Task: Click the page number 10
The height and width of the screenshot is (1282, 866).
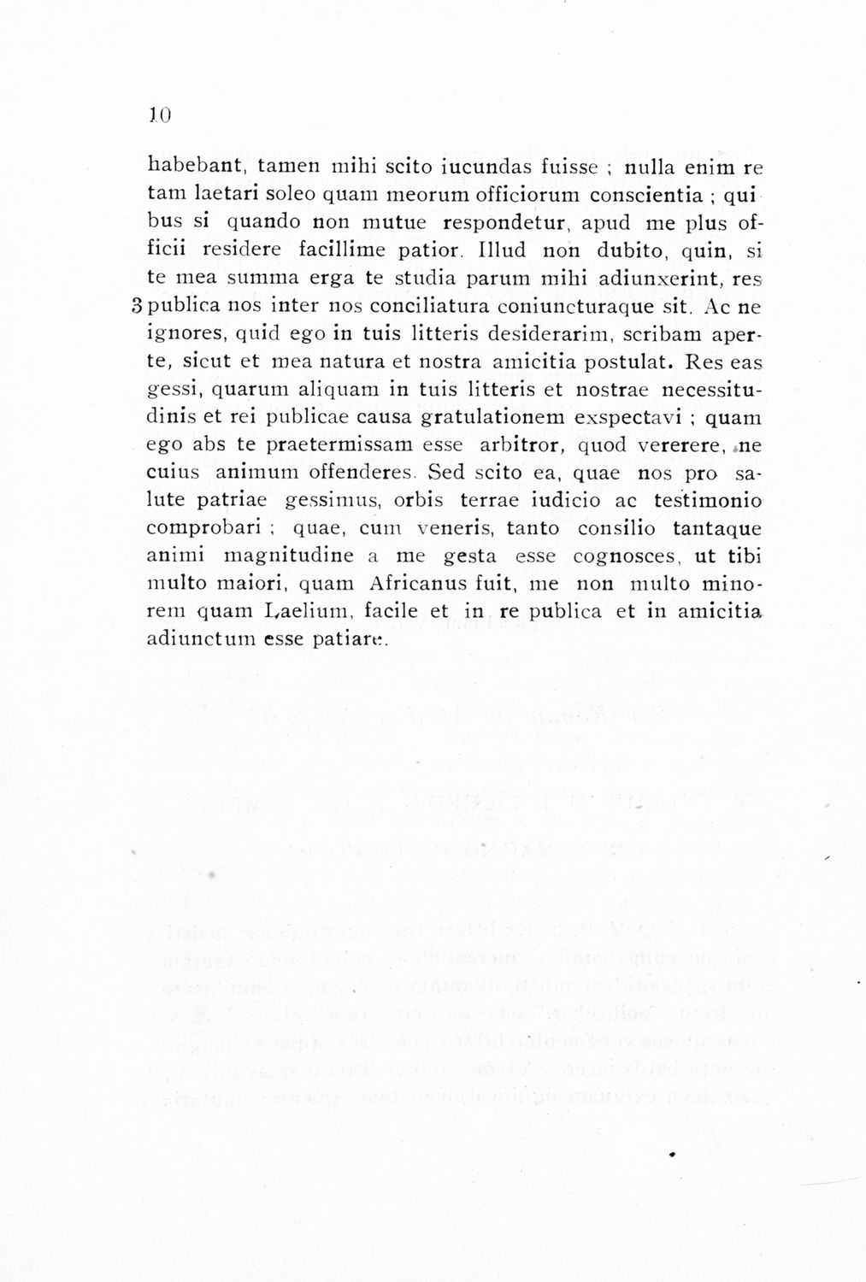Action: pyautogui.click(x=161, y=113)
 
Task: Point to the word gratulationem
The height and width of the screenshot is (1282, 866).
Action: pyautogui.click(x=493, y=418)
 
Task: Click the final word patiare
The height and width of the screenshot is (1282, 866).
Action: pyautogui.click(x=353, y=641)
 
